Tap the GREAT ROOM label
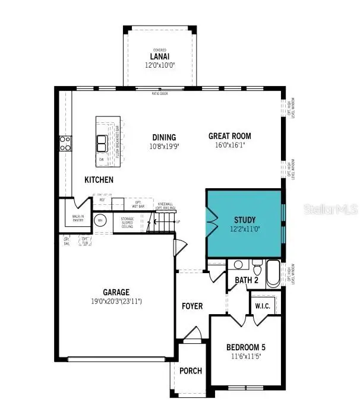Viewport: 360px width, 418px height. (226, 136)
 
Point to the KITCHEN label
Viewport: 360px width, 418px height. (99, 179)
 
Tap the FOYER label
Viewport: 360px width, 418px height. (192, 306)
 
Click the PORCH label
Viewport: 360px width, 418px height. (191, 371)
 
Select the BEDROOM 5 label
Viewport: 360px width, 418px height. (245, 347)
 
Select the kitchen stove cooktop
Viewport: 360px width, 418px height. (65, 143)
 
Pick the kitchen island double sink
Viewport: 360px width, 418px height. (102, 144)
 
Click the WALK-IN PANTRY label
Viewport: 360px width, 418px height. (77, 219)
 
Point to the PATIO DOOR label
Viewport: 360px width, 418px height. (160, 93)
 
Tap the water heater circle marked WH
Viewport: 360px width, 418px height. (100, 221)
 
